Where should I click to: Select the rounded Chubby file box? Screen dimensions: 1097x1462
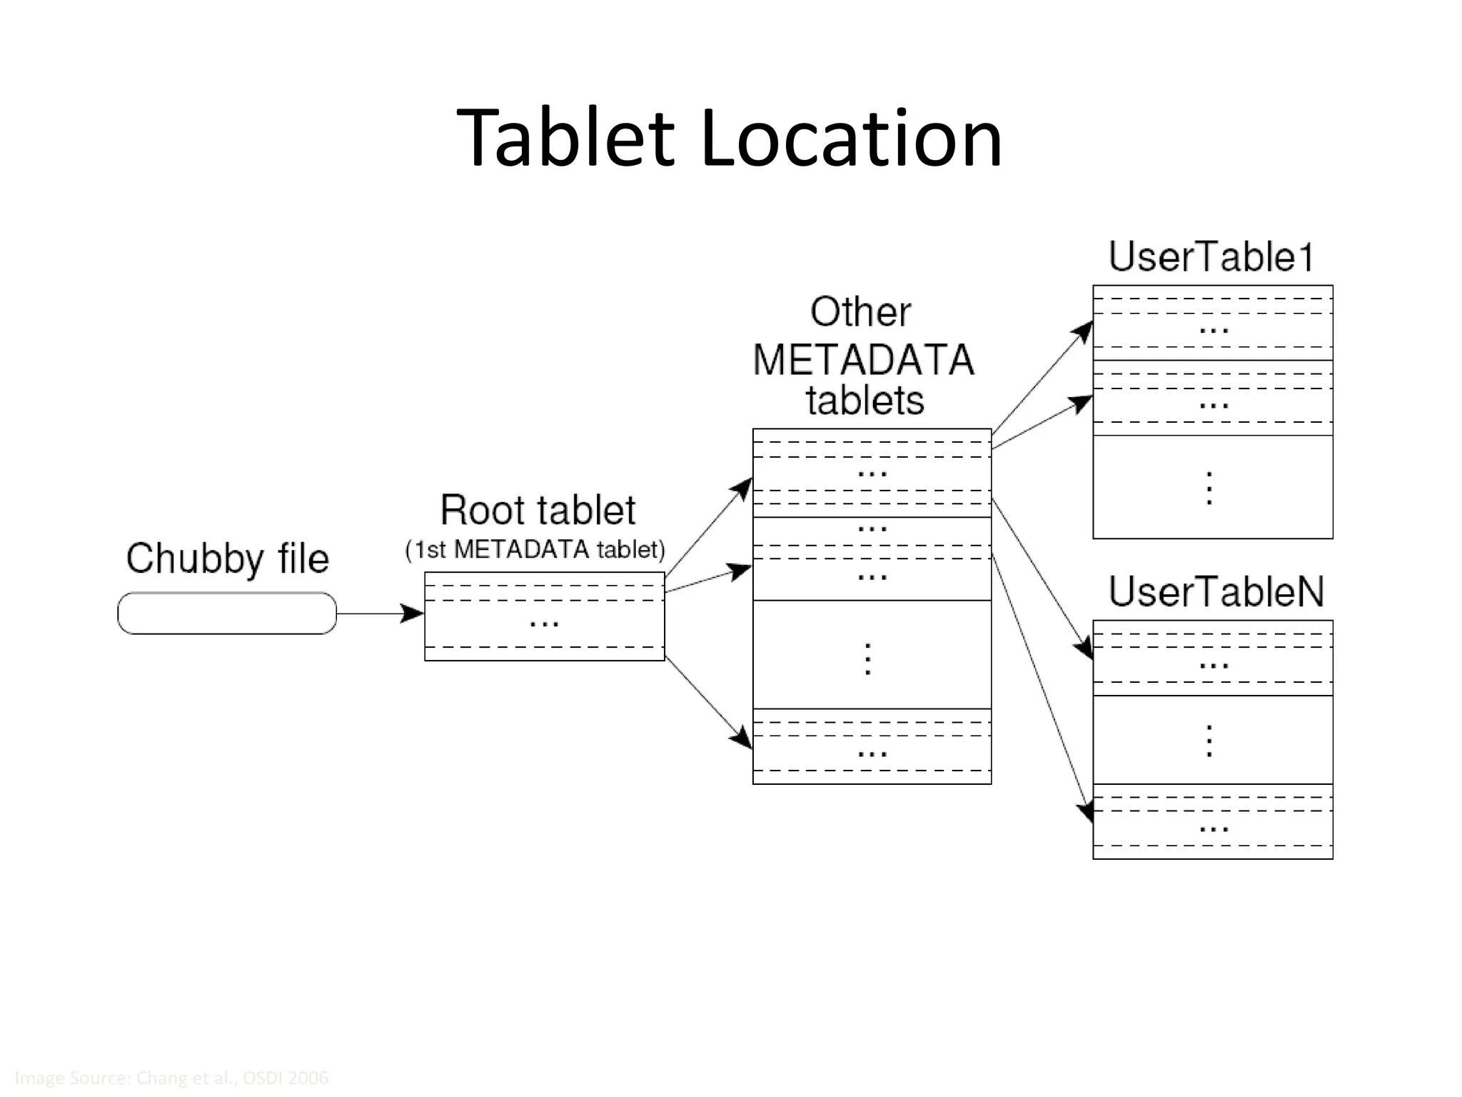coord(227,613)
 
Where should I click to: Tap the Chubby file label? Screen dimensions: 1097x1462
coord(227,558)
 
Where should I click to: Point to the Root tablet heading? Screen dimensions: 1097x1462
coord(538,510)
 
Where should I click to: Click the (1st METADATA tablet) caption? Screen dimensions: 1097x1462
coord(535,549)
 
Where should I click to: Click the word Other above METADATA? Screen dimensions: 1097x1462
coord(861,312)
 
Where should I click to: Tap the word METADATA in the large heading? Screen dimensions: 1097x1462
coord(863,359)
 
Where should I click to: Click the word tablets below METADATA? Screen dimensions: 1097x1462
coord(864,400)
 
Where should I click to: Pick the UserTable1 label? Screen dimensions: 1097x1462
coord(1211,257)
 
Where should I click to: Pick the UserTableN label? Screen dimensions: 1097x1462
coord(1216,591)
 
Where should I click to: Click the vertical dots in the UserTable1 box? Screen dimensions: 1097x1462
coord(1209,488)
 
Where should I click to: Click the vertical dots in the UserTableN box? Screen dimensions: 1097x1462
coord(1209,741)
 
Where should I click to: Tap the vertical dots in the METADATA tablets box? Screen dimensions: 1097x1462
coord(868,658)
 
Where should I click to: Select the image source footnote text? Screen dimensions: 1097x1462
coord(171,1078)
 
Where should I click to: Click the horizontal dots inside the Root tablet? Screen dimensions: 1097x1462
coord(544,624)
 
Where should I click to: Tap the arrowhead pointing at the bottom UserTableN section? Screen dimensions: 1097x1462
coord(1087,813)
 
